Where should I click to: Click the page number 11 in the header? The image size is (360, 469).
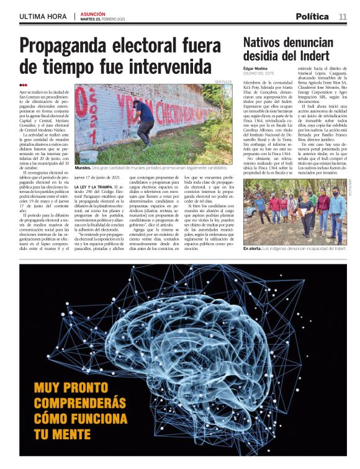coord(343,16)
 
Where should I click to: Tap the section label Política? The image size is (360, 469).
coord(312,16)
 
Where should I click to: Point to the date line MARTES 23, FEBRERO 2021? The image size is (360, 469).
coord(104,19)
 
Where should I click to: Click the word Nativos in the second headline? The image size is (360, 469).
coord(265,43)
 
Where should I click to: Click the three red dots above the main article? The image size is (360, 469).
coord(24,86)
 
